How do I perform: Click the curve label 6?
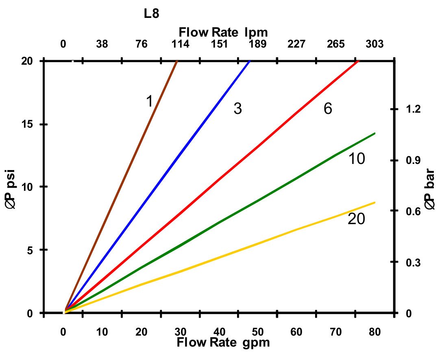click(x=328, y=109)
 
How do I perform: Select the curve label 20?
click(x=357, y=219)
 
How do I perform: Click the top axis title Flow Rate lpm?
click(x=223, y=32)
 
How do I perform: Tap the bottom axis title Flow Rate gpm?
click(x=223, y=342)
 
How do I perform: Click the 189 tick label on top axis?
click(x=258, y=44)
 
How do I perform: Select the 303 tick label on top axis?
click(x=374, y=44)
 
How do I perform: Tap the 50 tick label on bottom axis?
click(x=258, y=332)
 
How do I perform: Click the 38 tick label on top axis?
click(x=102, y=44)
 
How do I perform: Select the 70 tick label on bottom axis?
click(x=336, y=332)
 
